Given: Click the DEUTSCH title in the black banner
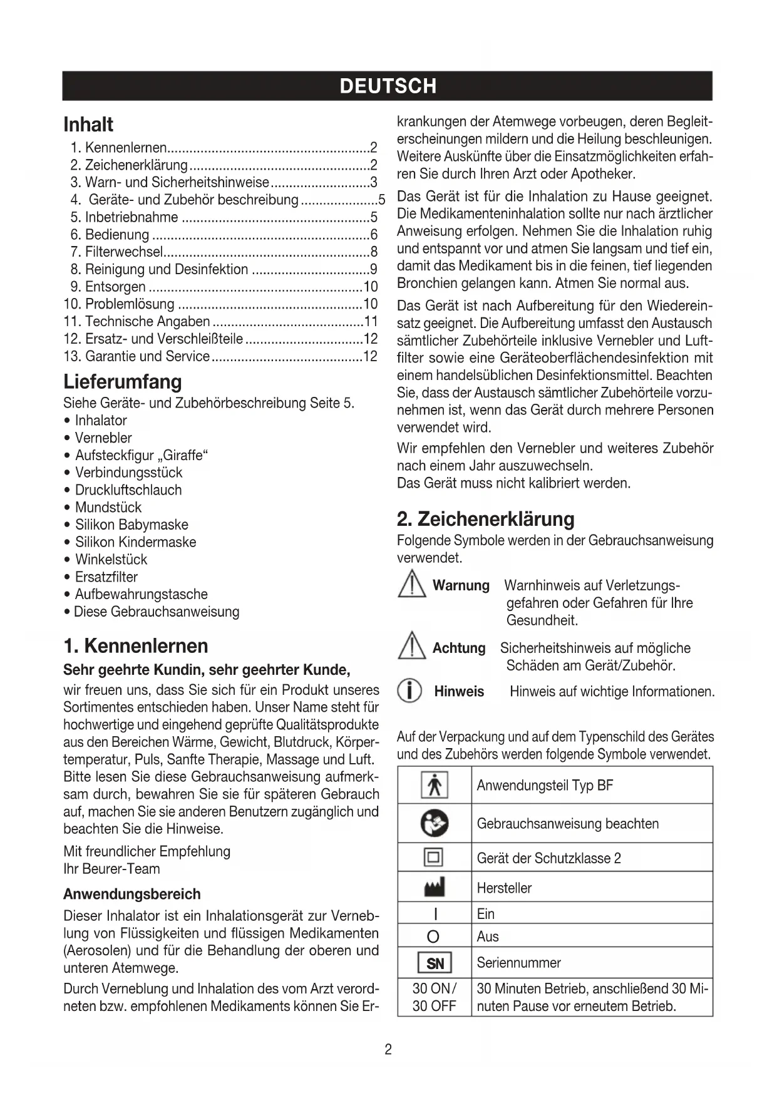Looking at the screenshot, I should (x=388, y=86).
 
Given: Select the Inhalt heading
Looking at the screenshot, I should (x=88, y=125).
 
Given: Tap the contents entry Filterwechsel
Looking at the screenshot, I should (x=124, y=252).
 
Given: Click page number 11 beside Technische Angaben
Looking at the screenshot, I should (x=371, y=322).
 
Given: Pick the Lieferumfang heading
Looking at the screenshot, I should (x=123, y=382).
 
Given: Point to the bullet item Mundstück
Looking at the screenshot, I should (x=108, y=508).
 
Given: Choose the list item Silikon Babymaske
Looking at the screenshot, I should (x=131, y=525).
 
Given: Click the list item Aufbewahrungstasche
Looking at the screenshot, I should (x=141, y=595).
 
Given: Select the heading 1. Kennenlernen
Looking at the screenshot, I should (x=136, y=646).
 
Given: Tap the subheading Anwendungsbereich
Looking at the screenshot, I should (x=132, y=895).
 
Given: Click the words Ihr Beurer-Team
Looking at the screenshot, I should (x=111, y=869).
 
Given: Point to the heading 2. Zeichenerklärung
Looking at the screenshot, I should (x=485, y=519).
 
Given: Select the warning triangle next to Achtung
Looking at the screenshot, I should (x=411, y=647).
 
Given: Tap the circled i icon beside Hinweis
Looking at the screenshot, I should (x=409, y=691).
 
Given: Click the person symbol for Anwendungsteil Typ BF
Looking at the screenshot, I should (x=434, y=786).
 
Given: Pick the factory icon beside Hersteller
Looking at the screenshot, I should (x=434, y=887).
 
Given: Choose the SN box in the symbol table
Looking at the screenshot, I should (x=435, y=963).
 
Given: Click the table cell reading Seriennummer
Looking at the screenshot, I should (x=518, y=963).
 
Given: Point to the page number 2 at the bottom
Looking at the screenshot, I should (x=388, y=1050).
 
